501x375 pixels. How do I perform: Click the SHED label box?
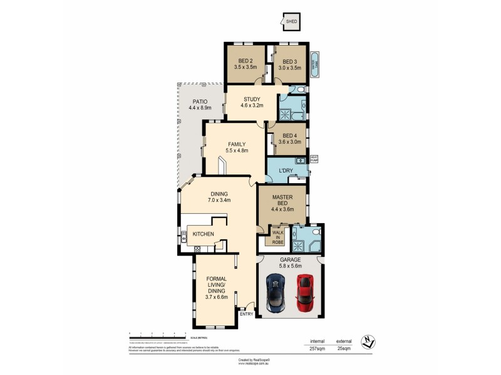coord(291,22)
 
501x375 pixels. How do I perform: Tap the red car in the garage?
coord(305,292)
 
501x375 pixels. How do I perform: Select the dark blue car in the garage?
coord(276,293)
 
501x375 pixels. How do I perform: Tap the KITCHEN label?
coord(204,234)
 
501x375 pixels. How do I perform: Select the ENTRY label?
coord(246,314)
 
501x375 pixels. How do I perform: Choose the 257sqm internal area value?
coord(317,349)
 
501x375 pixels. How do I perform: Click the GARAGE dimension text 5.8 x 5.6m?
coord(291,266)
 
